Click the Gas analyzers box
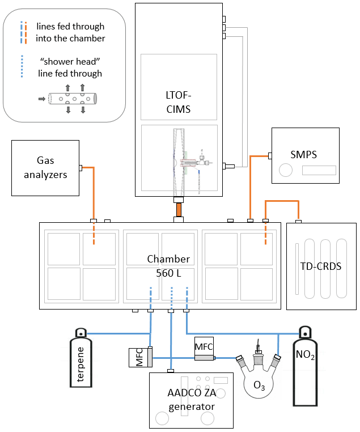point(45,168)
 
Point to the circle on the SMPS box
point(286,170)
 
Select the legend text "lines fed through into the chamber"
point(70,32)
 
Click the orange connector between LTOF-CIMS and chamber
point(179,209)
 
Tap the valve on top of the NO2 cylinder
point(305,332)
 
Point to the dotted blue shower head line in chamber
point(171,297)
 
